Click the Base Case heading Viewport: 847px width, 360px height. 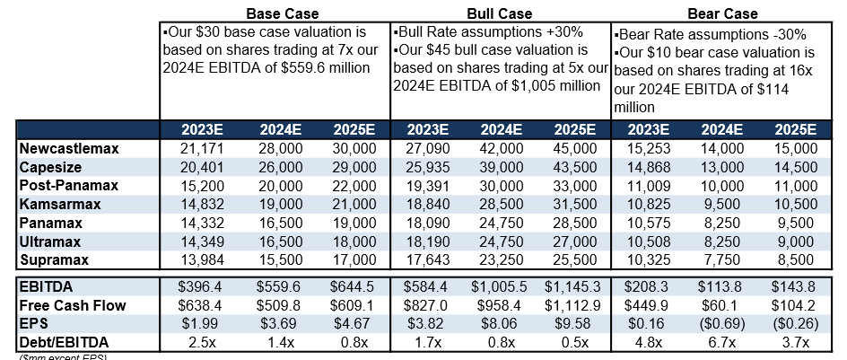[274, 13]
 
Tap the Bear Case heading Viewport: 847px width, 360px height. [721, 13]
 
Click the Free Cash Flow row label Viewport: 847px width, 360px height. [71, 305]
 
